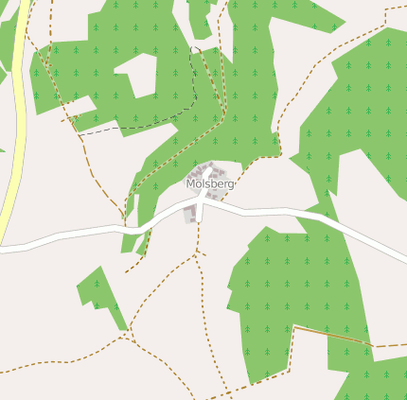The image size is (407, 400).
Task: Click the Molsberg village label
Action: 209,183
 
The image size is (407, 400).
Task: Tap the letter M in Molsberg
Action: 191,183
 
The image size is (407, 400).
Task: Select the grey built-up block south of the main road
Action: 190,216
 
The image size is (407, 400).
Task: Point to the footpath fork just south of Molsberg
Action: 198,254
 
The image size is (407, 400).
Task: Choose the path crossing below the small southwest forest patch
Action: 127,333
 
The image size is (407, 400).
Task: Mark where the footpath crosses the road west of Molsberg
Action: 124,227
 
